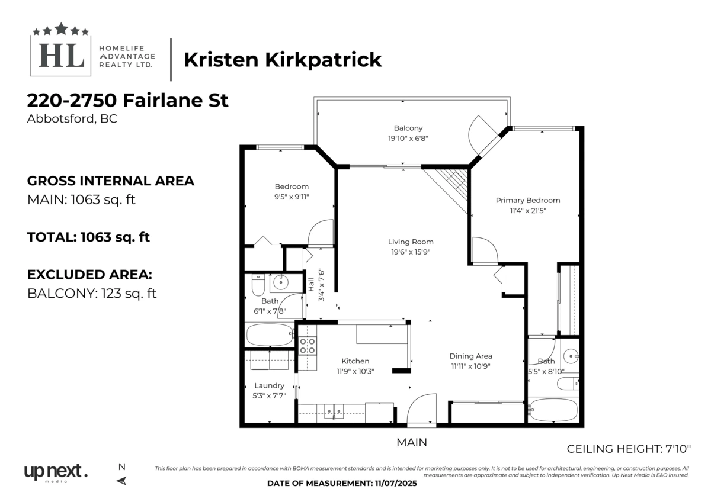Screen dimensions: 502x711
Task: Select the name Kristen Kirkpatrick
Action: tap(283, 60)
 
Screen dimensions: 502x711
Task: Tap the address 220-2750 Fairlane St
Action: tap(128, 100)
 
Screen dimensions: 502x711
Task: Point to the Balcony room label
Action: tap(408, 128)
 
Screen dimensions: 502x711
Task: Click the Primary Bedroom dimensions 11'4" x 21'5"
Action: tap(527, 210)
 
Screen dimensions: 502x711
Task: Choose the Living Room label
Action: tap(411, 242)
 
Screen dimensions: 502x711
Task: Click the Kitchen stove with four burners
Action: tap(307, 345)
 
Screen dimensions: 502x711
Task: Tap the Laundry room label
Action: tap(270, 385)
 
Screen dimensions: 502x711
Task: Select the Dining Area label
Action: tap(470, 356)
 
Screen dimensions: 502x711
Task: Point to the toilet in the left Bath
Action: tap(257, 285)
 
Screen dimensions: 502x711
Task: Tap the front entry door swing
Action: tap(421, 410)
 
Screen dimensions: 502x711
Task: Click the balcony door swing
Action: tap(480, 135)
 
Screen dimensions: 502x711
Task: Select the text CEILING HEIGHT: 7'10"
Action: tap(629, 449)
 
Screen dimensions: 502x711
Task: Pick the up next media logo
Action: tap(55, 473)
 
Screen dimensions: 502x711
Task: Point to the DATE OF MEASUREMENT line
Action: tap(342, 484)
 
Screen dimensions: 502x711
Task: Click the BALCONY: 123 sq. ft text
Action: tap(92, 294)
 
